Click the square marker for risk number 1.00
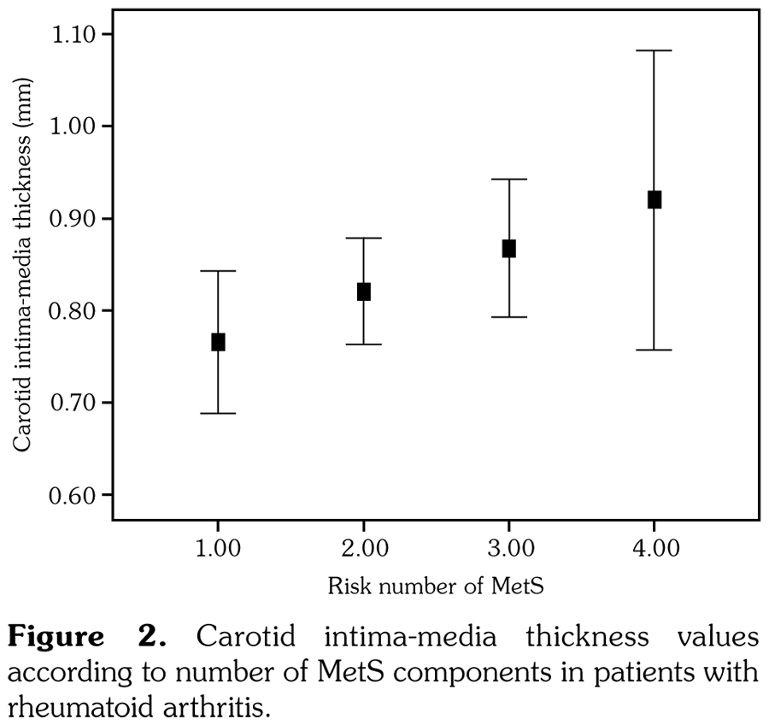[x=218, y=342]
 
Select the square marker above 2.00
[x=363, y=292]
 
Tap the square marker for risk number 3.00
[x=508, y=249]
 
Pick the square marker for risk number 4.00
[x=655, y=200]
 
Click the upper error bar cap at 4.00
[x=655, y=51]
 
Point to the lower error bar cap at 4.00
[x=655, y=350]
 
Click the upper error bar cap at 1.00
[x=218, y=271]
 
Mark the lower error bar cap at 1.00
[x=218, y=413]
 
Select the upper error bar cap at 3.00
[x=508, y=180]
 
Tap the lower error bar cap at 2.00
[x=363, y=344]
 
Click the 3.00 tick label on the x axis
[x=508, y=548]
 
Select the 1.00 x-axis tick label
[x=218, y=548]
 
